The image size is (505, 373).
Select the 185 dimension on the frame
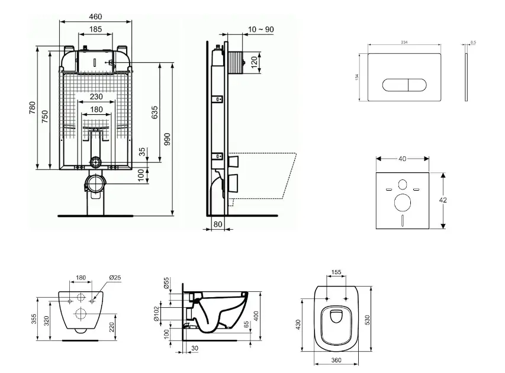point(96,29)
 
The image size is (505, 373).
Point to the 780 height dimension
point(33,108)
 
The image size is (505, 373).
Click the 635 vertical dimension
point(155,111)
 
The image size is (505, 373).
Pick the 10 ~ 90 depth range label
point(261,30)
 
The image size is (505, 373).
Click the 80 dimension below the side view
point(217,224)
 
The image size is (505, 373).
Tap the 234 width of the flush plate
point(404,42)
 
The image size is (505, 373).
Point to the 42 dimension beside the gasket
point(443,200)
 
